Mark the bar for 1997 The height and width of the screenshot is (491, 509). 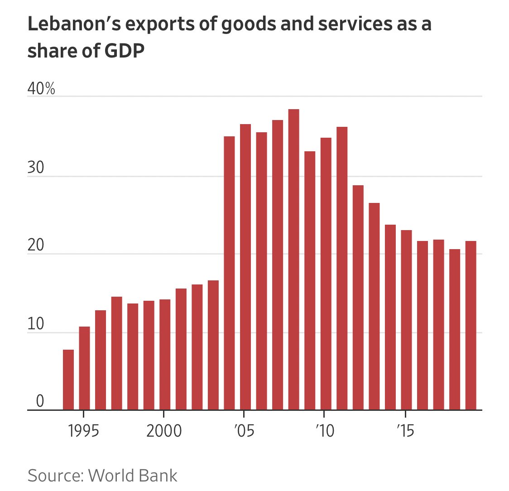pos(116,353)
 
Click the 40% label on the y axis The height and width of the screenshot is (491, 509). pos(41,89)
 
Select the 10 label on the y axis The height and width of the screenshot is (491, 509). pos(36,324)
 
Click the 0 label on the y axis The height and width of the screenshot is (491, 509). pos(40,401)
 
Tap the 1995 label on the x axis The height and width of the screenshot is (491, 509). pos(84,431)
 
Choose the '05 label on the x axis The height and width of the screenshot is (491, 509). pos(245,431)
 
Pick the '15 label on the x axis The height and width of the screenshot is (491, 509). pos(405,431)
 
